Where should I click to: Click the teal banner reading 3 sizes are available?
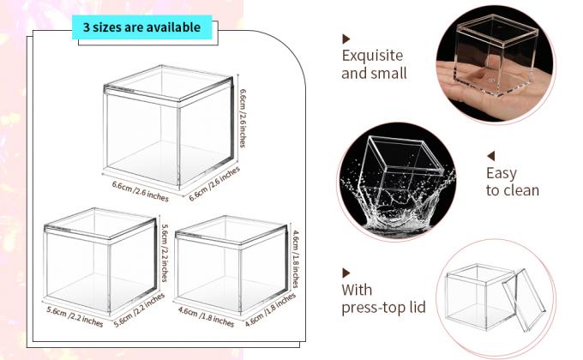[141, 27]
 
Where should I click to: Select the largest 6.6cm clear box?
[168, 127]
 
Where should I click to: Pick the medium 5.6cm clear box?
[100, 260]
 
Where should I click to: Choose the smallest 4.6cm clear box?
[231, 264]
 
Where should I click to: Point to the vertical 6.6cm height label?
[243, 118]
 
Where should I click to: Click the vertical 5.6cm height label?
[165, 253]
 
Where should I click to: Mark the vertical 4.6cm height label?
[296, 259]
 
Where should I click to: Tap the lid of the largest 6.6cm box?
[168, 86]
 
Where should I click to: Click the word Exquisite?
[372, 56]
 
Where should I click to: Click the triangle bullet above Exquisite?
[346, 39]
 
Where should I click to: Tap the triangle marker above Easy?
[491, 156]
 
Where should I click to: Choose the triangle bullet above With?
[346, 273]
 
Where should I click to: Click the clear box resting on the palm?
[496, 55]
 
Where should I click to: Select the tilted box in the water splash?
[404, 175]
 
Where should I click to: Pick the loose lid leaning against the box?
[524, 299]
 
